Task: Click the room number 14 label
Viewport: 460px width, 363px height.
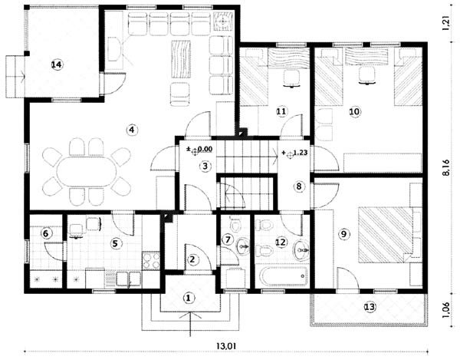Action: point(57,64)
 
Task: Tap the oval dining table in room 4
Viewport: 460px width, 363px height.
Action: point(85,171)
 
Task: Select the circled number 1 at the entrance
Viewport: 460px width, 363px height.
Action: point(189,298)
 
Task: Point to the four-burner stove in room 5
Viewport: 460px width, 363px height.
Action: point(151,260)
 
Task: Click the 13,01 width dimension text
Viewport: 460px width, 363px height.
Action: point(226,346)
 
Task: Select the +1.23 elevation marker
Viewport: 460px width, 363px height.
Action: point(294,153)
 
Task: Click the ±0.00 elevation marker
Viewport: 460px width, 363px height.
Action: point(200,150)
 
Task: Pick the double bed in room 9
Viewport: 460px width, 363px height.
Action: point(386,234)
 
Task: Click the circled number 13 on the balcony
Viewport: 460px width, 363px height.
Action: point(370,307)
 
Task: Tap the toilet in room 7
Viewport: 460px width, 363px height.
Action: point(235,225)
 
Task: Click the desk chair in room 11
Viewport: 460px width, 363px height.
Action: point(291,78)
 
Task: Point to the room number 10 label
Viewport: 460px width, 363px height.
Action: point(354,111)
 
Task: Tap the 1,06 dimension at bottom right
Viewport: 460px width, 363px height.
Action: point(446,310)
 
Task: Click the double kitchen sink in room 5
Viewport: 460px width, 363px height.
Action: point(129,279)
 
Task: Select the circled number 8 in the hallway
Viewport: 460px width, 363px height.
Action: point(299,186)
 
